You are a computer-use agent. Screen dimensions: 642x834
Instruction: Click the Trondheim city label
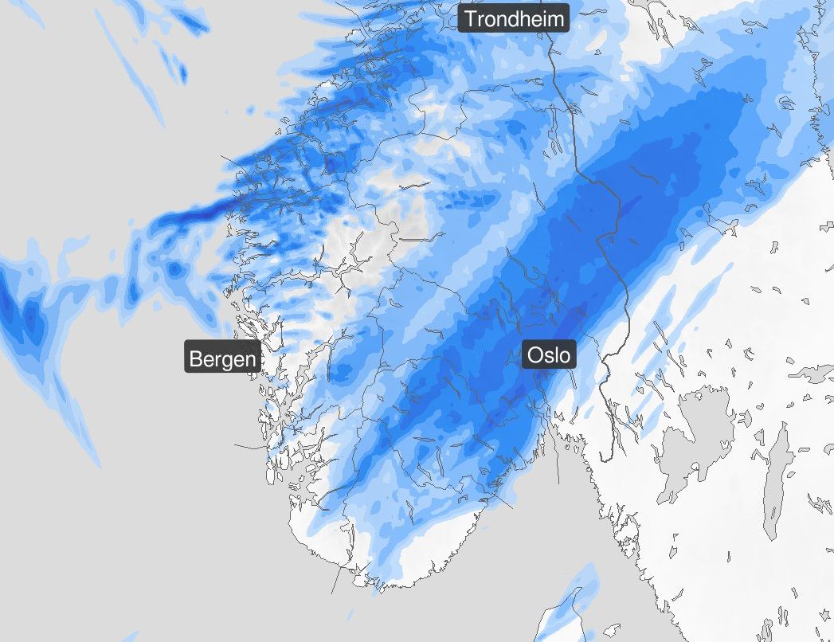click(x=514, y=18)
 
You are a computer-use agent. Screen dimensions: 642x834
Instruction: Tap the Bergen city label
click(x=223, y=358)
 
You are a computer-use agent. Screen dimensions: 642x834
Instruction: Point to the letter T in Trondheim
click(x=471, y=18)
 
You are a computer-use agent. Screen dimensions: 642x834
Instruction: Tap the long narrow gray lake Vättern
click(x=775, y=486)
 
